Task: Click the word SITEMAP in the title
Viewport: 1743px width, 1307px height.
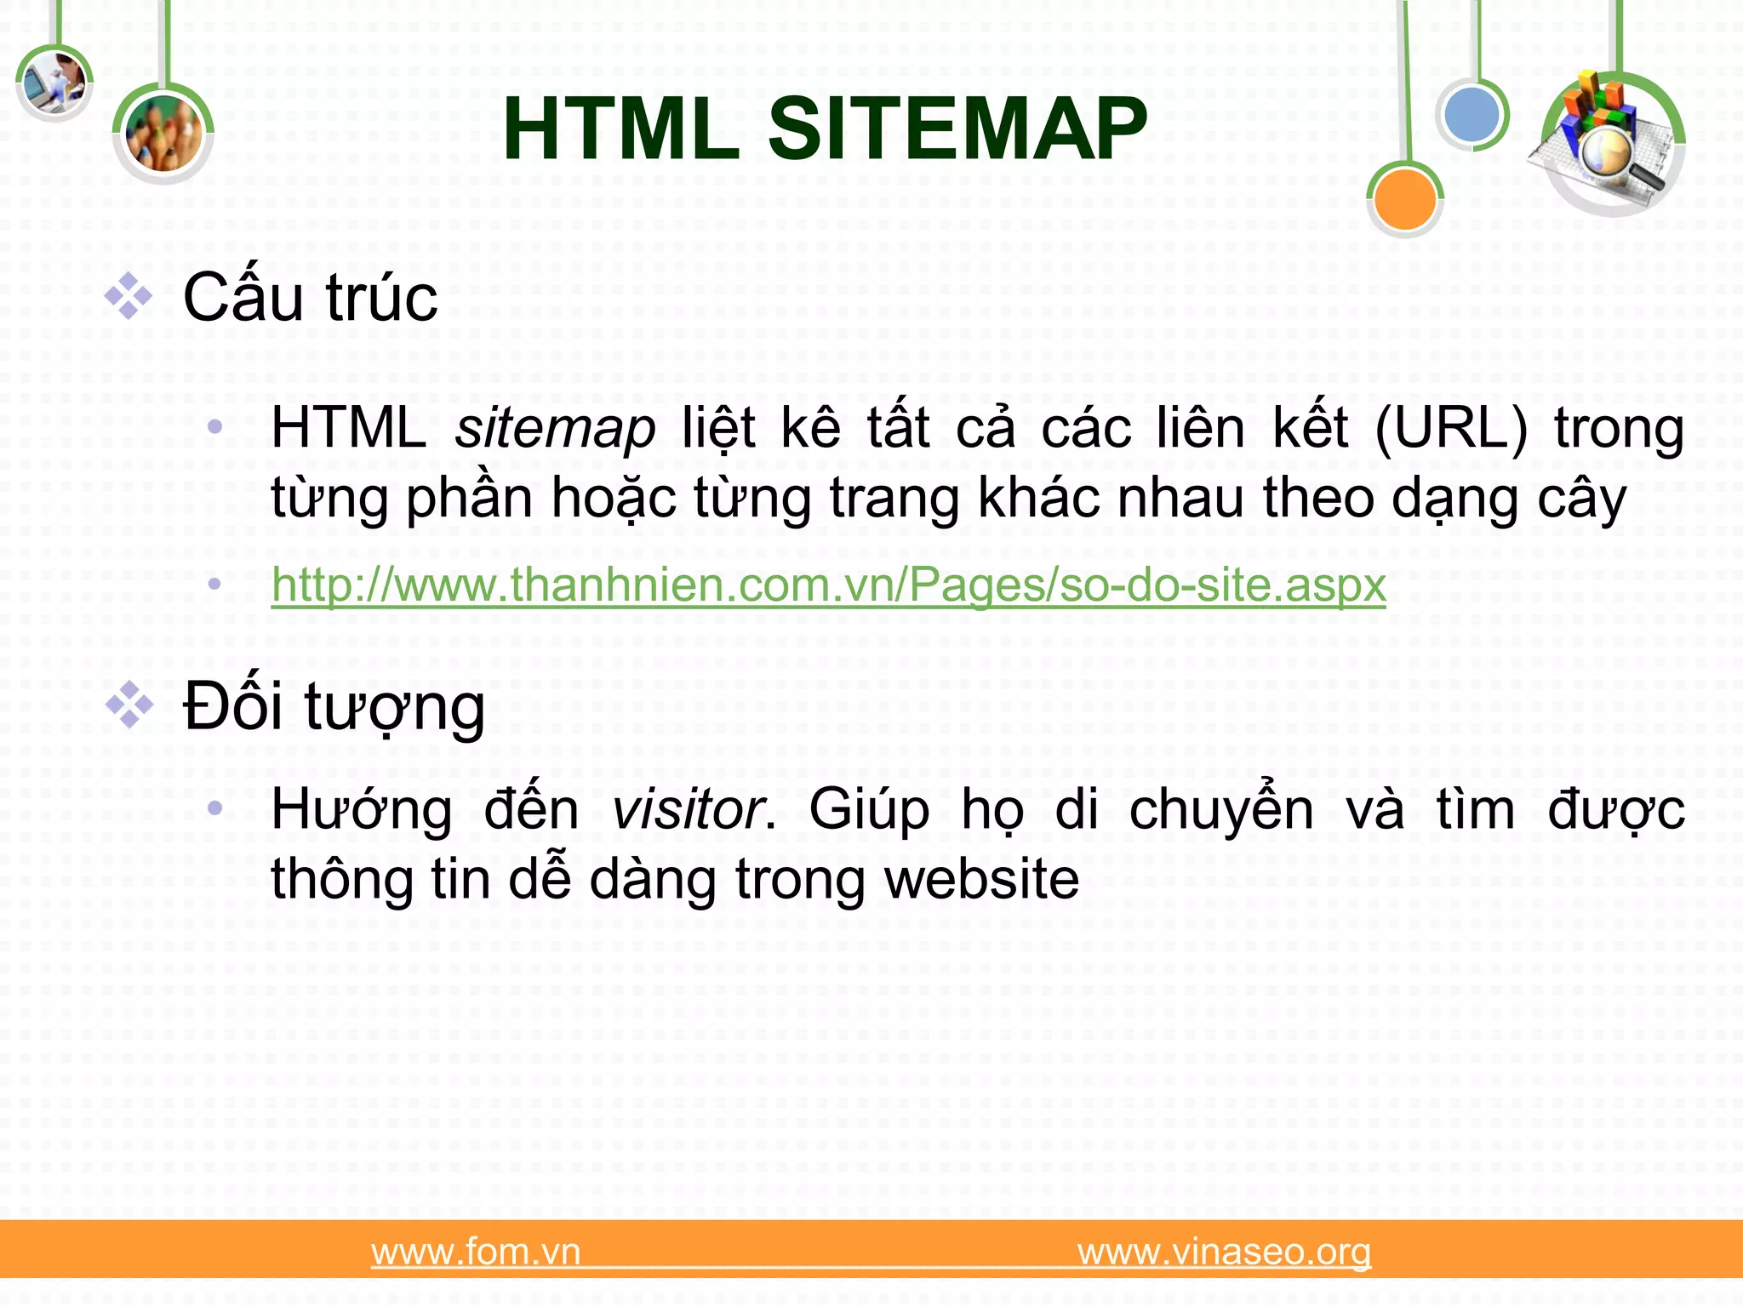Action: pos(957,129)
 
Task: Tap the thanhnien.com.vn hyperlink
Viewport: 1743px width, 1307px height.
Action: pos(828,585)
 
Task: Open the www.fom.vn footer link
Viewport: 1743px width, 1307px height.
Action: pos(476,1252)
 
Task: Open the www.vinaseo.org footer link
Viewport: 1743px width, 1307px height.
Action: pos(1224,1252)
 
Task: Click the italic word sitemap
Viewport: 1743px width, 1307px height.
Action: pos(555,428)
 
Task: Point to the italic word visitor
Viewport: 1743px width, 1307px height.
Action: pos(689,809)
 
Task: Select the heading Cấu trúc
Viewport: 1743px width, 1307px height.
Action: pos(311,298)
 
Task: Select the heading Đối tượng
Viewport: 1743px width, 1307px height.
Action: pos(334,706)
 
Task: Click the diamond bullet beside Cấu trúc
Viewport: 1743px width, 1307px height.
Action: pos(129,296)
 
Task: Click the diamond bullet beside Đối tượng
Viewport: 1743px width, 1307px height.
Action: pos(129,705)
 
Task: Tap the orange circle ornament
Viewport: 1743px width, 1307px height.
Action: pos(1404,199)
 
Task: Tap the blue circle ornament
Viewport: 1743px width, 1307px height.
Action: pos(1472,115)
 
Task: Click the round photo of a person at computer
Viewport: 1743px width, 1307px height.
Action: pos(54,83)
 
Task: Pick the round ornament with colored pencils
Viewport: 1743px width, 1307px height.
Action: pos(163,134)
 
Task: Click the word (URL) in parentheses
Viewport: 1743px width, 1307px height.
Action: pos(1451,428)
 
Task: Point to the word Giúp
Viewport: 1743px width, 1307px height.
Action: pos(869,809)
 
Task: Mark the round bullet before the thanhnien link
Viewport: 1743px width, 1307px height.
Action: pos(214,585)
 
